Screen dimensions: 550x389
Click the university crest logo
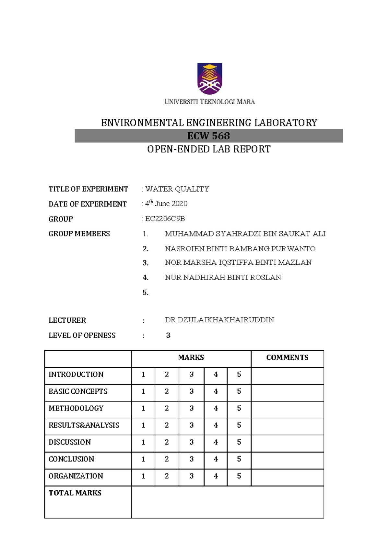click(210, 79)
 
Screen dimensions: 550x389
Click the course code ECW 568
click(208, 136)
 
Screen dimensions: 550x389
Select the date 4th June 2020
click(166, 204)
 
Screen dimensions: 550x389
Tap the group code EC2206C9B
click(165, 219)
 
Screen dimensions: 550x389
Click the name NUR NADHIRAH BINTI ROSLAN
click(223, 278)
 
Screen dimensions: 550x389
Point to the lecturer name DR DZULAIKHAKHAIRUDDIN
click(219, 320)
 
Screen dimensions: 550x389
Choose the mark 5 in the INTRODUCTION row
click(239, 375)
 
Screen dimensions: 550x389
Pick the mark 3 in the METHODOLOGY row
click(192, 408)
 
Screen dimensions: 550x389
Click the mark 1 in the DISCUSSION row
click(143, 442)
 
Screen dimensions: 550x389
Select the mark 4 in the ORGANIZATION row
click(216, 476)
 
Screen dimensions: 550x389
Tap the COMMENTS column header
click(287, 357)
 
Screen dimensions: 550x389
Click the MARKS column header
click(191, 357)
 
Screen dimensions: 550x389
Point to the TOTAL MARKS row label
click(75, 493)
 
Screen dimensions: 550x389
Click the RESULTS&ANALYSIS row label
click(84, 425)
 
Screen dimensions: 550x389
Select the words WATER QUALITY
click(177, 189)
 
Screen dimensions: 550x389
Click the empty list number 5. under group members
click(146, 293)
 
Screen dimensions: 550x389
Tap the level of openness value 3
click(168, 335)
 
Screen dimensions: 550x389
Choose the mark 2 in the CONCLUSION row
click(167, 459)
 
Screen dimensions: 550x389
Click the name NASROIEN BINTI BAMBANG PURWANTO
click(240, 249)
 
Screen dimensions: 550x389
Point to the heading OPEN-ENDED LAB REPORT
click(208, 149)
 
